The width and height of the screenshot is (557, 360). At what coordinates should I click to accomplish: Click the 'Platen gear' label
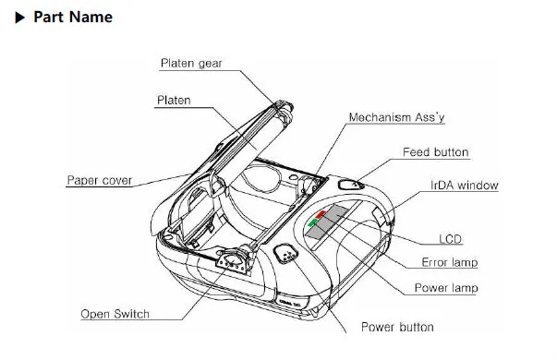click(191, 63)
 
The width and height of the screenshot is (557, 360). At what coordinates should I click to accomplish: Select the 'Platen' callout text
click(174, 100)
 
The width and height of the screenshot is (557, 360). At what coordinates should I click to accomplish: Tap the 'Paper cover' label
click(100, 180)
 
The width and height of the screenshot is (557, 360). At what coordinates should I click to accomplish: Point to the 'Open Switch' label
click(115, 314)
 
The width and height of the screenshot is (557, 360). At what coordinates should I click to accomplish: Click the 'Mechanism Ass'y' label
click(396, 117)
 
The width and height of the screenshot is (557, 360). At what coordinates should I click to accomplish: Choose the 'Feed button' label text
click(435, 152)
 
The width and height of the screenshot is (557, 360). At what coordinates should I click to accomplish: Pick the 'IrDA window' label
click(465, 185)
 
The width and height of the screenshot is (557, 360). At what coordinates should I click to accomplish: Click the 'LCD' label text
click(450, 239)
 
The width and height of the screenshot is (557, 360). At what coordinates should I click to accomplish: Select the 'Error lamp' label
click(449, 262)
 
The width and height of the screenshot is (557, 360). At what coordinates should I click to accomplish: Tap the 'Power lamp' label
click(446, 288)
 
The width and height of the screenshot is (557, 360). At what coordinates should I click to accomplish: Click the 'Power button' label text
click(397, 327)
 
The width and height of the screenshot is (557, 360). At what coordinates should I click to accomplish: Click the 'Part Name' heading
click(73, 17)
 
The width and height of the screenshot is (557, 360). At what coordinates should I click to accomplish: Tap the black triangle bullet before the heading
click(20, 18)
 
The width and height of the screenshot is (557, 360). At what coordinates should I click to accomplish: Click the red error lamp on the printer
click(321, 214)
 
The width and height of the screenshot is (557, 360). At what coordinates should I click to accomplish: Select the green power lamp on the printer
click(312, 222)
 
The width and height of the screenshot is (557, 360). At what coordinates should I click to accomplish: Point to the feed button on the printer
click(350, 185)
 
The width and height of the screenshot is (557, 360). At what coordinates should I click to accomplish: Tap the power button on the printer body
click(286, 253)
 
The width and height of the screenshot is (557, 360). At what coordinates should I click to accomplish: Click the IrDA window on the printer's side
click(379, 217)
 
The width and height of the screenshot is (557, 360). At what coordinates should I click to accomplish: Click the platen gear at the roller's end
click(285, 107)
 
